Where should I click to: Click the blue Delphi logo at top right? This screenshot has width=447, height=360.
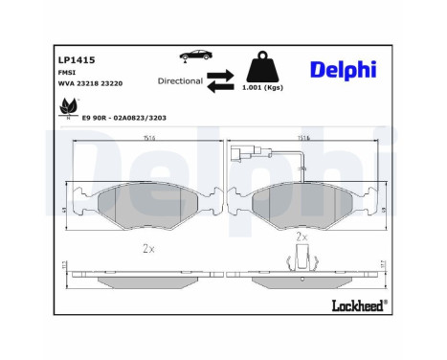click(342, 70)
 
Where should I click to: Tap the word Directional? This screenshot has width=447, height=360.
click(180, 81)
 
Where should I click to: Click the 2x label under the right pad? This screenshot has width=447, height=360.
click(302, 235)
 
